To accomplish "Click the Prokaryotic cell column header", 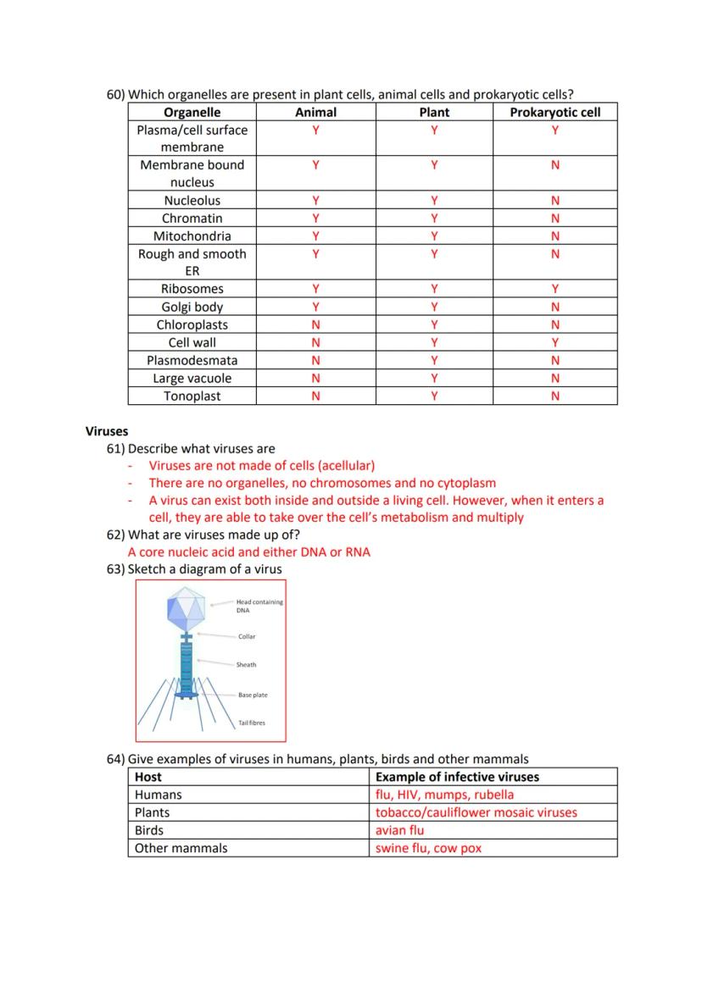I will (x=554, y=112).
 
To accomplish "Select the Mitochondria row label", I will (x=192, y=236).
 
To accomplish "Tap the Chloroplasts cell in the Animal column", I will (x=315, y=325).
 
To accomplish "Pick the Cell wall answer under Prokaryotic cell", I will (x=554, y=343).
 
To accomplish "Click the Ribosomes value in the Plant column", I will (x=434, y=290).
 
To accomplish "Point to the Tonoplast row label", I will (x=192, y=396).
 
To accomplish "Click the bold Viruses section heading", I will (x=107, y=431).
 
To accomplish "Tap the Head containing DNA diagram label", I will (x=259, y=606).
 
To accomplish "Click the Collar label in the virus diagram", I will (x=246, y=636).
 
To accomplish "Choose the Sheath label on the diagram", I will (x=246, y=665).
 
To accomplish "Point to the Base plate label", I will (x=252, y=695).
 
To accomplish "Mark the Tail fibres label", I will (x=251, y=723).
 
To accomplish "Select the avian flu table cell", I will (x=400, y=830).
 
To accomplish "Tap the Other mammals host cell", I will (x=181, y=848).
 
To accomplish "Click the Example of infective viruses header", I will (x=457, y=777).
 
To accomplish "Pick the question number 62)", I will (x=116, y=535).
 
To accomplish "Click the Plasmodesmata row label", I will (x=192, y=361).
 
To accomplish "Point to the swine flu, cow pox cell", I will (x=428, y=848).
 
